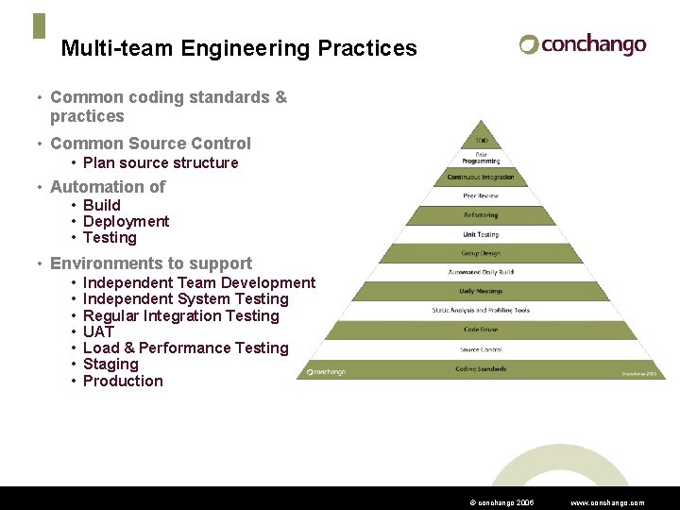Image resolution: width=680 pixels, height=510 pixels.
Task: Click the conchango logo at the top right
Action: pyautogui.click(x=583, y=44)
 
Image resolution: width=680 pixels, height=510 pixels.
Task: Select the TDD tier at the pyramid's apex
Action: pyautogui.click(x=482, y=142)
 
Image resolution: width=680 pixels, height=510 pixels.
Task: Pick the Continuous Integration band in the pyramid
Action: pyautogui.click(x=482, y=177)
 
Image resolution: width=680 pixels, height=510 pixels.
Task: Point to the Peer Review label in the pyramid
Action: pyautogui.click(x=482, y=195)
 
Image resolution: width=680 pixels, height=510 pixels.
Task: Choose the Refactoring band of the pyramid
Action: pyautogui.click(x=482, y=214)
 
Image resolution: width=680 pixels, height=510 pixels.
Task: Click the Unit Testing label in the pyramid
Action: pyautogui.click(x=482, y=234)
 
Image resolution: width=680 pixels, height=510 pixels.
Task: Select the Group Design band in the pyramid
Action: pyautogui.click(x=482, y=253)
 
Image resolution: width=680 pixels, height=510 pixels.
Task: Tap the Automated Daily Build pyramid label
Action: pyautogui.click(x=482, y=272)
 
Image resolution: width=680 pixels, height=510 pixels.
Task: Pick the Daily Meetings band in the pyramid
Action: pyautogui.click(x=482, y=291)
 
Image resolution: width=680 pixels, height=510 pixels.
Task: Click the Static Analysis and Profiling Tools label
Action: pyautogui.click(x=482, y=310)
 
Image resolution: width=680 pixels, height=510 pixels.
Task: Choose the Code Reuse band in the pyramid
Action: pyautogui.click(x=482, y=330)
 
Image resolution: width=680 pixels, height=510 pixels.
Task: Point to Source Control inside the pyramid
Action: pyautogui.click(x=482, y=349)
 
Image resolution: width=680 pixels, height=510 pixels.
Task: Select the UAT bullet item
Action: pyautogui.click(x=98, y=331)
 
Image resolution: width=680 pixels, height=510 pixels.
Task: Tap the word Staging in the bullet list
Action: pyautogui.click(x=110, y=364)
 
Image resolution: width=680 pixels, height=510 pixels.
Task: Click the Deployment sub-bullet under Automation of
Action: pyautogui.click(x=126, y=221)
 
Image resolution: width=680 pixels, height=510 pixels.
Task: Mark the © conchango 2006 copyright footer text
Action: pyautogui.click(x=501, y=503)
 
